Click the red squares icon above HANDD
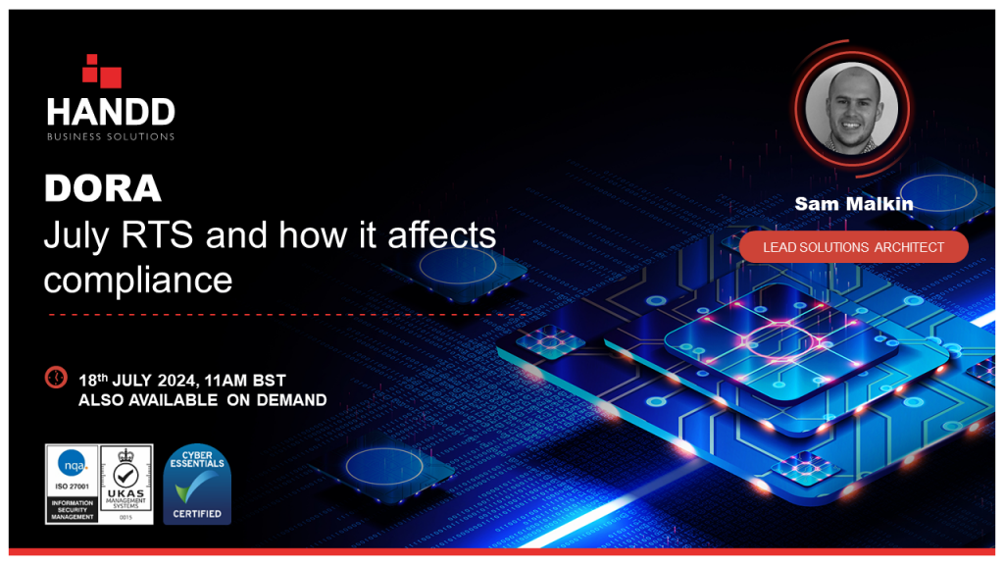pos(102,72)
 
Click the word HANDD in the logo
pos(110,111)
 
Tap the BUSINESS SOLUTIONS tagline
pos(110,136)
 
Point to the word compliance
pos(137,281)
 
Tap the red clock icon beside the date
pos(56,378)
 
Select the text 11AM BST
pos(253,380)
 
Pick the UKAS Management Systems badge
pos(125,484)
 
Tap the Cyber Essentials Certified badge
pos(197,484)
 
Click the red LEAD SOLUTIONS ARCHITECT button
pos(853,247)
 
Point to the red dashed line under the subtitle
pos(284,315)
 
